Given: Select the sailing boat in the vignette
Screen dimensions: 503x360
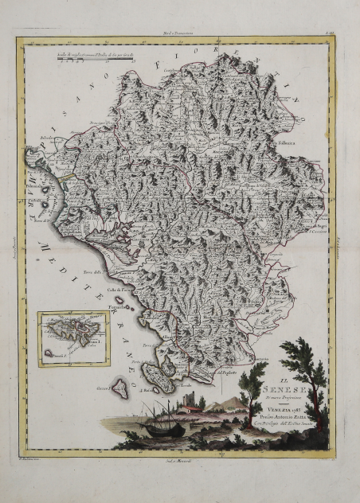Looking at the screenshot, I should click(160, 422).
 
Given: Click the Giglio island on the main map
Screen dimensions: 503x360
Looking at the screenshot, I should click(120, 388).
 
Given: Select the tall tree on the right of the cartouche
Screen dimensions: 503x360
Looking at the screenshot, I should click(307, 374).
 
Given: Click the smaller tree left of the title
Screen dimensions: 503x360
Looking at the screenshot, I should click(252, 382).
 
